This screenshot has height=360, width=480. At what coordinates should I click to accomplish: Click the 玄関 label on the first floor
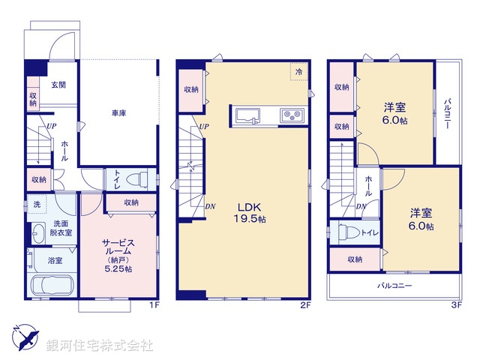point(58,85)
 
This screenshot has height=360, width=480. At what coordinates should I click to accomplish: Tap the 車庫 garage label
point(118,113)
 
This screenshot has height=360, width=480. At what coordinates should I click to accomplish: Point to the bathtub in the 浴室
point(49,286)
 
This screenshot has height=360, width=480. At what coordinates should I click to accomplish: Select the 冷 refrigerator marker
point(299,71)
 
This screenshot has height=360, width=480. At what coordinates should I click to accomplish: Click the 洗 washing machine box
point(36,205)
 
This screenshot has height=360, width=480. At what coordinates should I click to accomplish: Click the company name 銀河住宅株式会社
point(100,346)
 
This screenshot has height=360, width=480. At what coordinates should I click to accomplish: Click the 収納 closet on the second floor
point(191,89)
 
